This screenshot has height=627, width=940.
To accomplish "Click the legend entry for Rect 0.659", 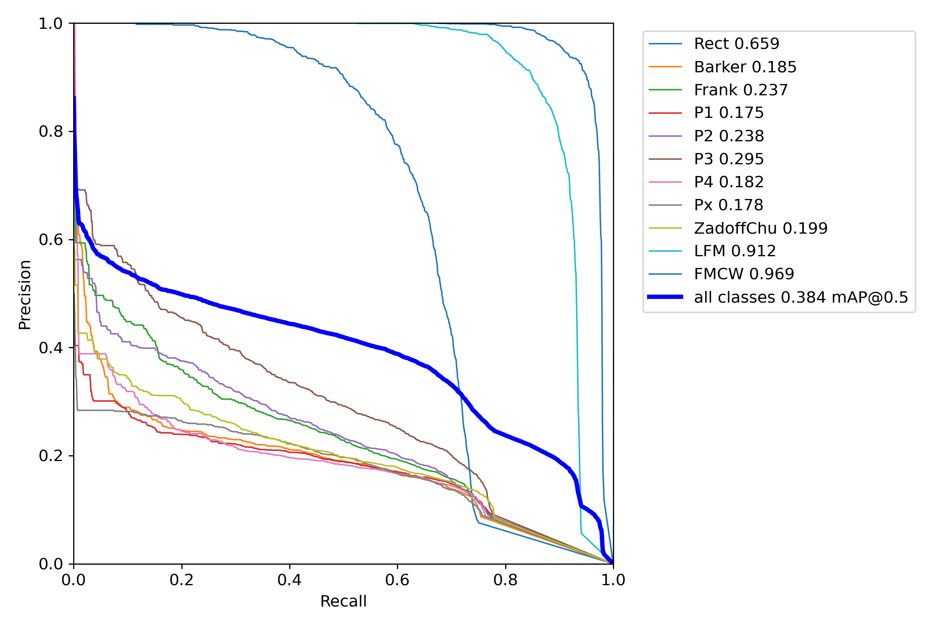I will (x=736, y=43).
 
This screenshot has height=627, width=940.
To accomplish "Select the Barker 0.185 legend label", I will (x=745, y=67).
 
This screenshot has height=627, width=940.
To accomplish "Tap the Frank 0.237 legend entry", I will (x=740, y=90).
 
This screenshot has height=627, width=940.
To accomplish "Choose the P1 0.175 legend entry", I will (x=729, y=113).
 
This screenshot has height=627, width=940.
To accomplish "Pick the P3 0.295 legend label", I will (x=729, y=159).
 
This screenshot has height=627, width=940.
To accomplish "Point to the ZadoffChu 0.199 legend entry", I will (x=760, y=228).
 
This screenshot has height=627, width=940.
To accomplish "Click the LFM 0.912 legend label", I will (x=734, y=251).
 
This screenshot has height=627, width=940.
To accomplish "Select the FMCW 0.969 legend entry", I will (x=744, y=274).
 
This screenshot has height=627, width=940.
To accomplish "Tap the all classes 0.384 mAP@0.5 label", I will (x=801, y=297).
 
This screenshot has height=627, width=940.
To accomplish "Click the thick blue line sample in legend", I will (x=665, y=297).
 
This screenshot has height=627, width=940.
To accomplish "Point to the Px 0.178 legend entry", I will (x=728, y=205).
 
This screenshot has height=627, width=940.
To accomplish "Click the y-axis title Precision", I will (x=25, y=295).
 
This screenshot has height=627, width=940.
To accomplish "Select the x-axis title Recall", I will (x=343, y=601).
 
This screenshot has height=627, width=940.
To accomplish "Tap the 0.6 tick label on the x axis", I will (x=397, y=580).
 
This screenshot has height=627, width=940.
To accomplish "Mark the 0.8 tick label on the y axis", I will (x=51, y=131).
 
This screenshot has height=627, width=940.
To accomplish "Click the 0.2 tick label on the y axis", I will (x=51, y=456).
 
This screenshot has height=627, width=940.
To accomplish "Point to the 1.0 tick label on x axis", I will (x=613, y=580).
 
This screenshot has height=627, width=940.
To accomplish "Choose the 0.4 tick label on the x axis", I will (x=290, y=580).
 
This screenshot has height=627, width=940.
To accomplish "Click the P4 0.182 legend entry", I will (x=729, y=182).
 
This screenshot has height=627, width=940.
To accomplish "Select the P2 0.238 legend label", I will (x=729, y=136).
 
